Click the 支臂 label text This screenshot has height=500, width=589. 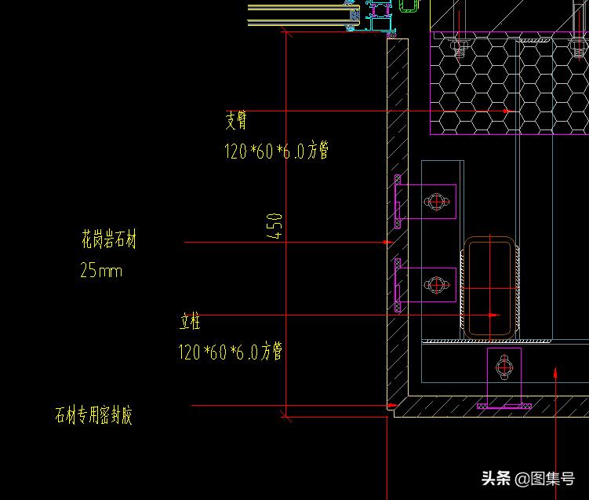[x=236, y=120]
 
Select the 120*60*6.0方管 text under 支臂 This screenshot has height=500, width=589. [x=276, y=151]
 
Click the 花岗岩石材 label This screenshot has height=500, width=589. [x=108, y=240]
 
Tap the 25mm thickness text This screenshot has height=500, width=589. [x=101, y=272]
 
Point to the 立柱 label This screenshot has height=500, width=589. [x=190, y=321]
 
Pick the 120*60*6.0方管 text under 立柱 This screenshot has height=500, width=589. [x=230, y=351]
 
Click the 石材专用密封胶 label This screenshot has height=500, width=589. [x=93, y=414]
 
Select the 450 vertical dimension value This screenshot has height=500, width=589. [x=275, y=227]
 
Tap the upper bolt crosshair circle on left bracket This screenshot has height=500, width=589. [x=436, y=202]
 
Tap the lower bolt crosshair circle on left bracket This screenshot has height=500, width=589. [x=436, y=284]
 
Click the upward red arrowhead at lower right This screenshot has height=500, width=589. [x=556, y=371]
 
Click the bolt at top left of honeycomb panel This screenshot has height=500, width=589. [x=461, y=48]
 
